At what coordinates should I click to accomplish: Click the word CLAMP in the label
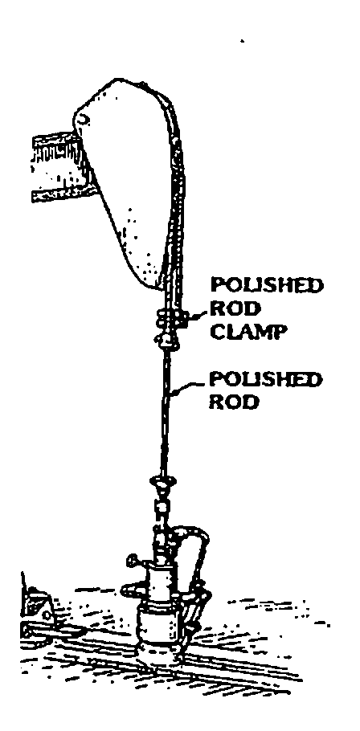[247, 332]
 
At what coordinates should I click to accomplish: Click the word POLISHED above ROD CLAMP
[267, 285]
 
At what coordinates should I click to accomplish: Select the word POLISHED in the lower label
[265, 379]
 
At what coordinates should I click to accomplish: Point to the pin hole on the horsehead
[84, 120]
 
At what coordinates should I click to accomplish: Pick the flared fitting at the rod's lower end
[162, 484]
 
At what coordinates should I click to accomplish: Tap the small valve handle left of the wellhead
[133, 558]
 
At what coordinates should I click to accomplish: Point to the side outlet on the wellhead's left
[133, 590]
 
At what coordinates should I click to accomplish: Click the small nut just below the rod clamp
[167, 341]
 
